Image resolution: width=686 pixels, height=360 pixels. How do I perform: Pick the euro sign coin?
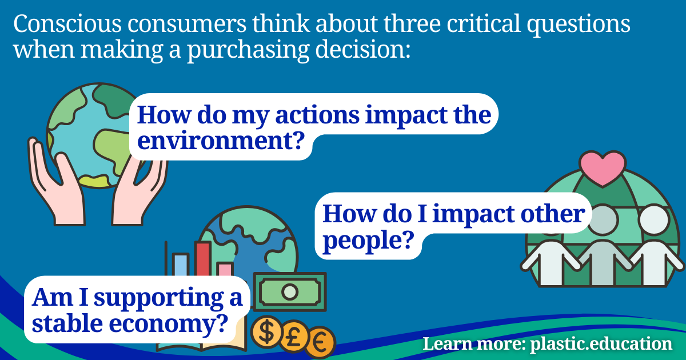click(x=320, y=342)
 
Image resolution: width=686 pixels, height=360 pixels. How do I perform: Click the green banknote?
click(x=290, y=291)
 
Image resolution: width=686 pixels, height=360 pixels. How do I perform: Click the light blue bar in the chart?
click(x=181, y=266)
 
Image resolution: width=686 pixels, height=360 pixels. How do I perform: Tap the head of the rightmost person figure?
click(x=652, y=219)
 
